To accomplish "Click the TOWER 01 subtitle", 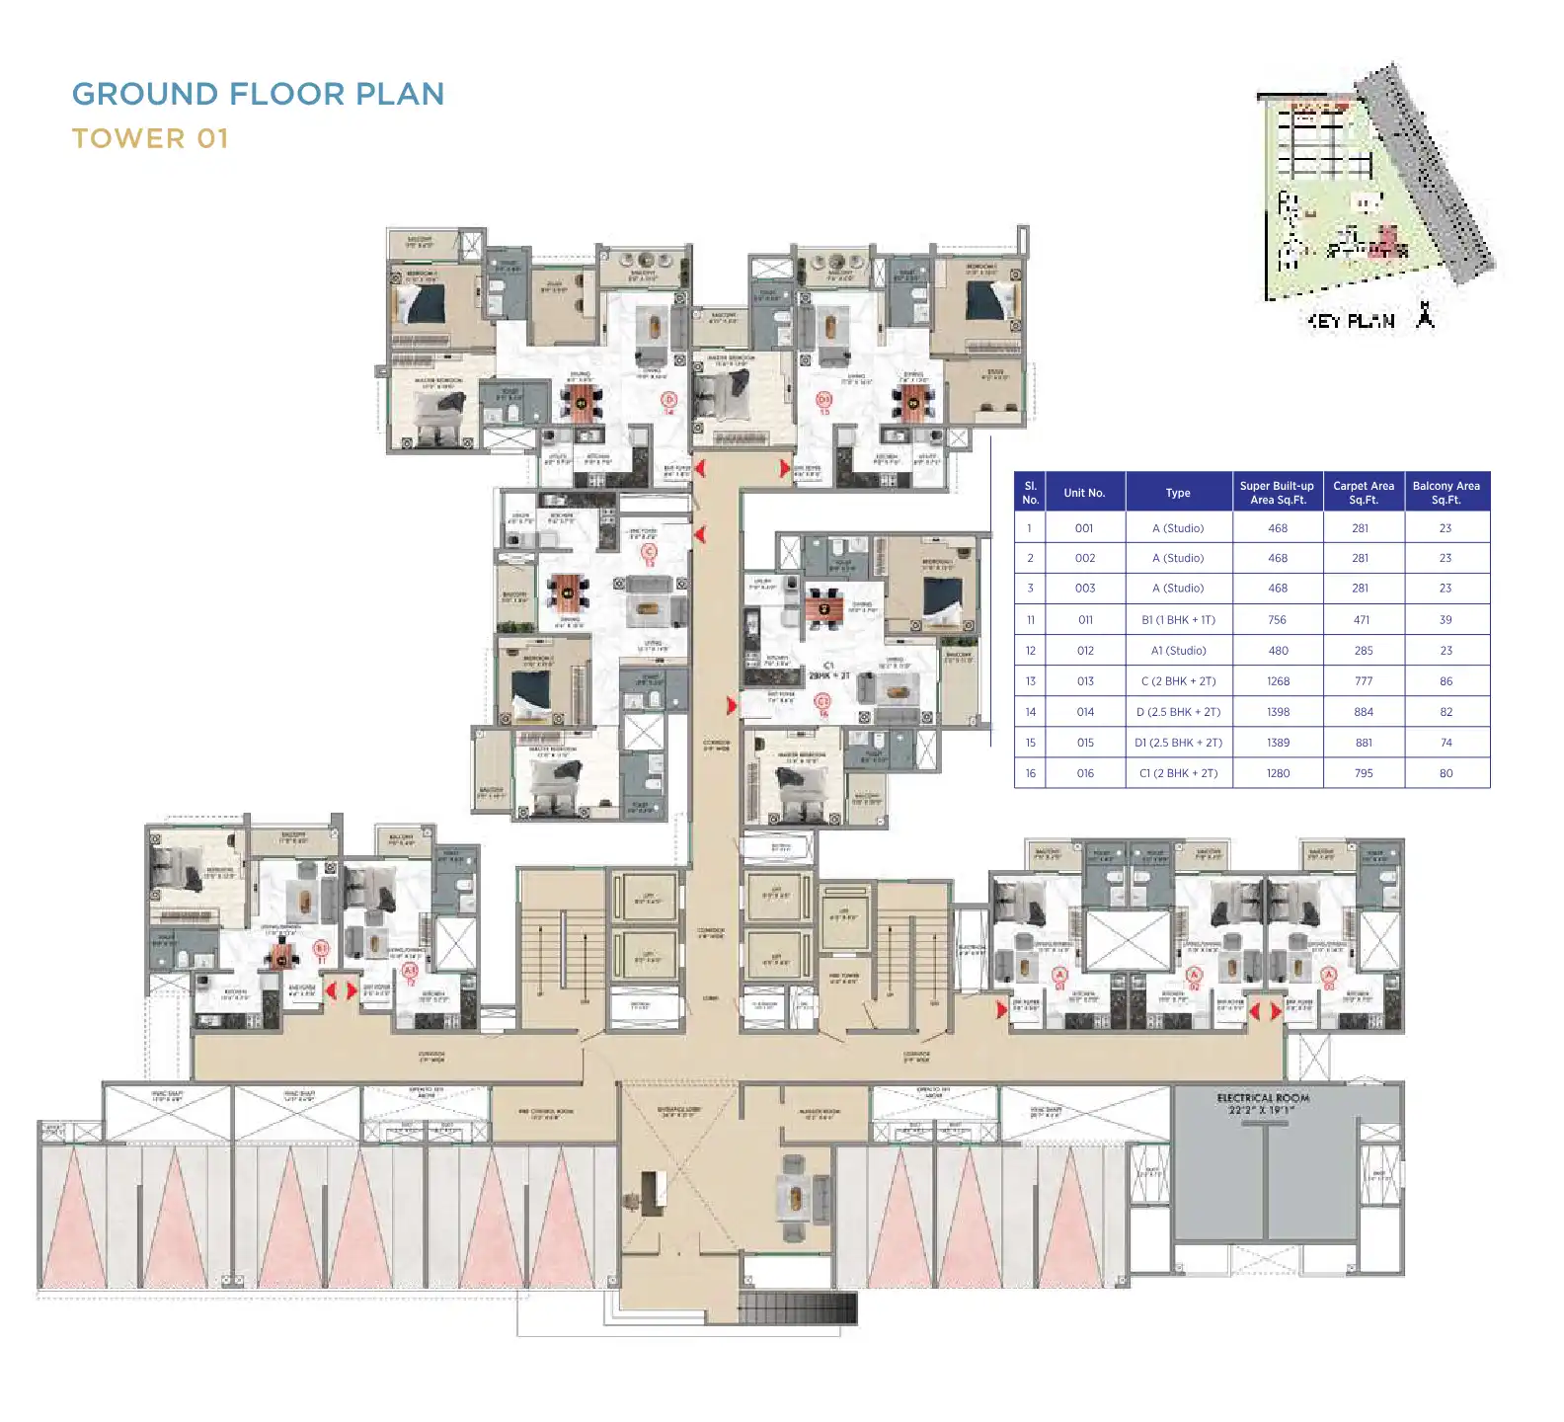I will (150, 138).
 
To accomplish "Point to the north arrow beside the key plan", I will (1424, 315).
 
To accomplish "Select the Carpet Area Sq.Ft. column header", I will (1363, 492).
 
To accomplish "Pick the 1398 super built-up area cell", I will (1277, 712).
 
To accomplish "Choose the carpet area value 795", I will (1363, 773).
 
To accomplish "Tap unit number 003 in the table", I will (1084, 589).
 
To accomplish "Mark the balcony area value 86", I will (1446, 681).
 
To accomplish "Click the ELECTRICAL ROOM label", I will (1263, 1098).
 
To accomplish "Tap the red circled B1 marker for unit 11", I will (321, 948).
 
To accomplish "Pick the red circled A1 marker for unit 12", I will (410, 972).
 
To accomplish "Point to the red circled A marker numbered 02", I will (1194, 976).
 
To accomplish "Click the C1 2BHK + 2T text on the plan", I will (828, 671).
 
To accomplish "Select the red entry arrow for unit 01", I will (1001, 1010).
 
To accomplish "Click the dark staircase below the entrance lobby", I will (797, 1308).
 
